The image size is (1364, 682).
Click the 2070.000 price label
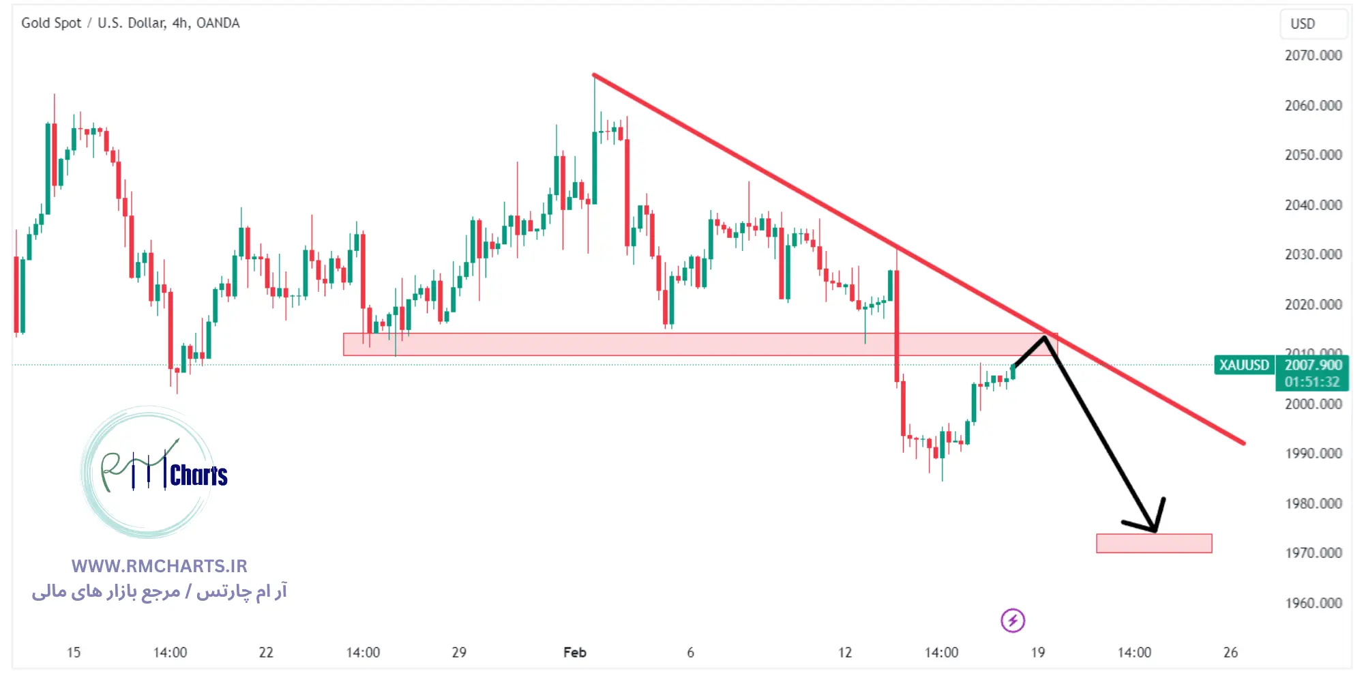(1313, 55)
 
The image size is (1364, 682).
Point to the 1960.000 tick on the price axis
(1313, 603)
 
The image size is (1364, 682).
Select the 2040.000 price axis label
(1313, 205)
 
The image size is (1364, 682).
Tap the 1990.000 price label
(1313, 454)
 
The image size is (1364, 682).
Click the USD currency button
(1303, 24)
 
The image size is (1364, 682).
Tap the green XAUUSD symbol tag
(1244, 365)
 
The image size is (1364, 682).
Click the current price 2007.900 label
(1313, 365)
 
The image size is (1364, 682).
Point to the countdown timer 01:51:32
(1312, 382)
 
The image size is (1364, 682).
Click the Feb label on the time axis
(575, 653)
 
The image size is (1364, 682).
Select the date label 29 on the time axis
(459, 653)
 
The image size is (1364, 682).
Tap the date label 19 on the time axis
(1037, 653)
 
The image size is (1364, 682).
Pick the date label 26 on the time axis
(1230, 653)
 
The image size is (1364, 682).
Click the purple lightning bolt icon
(1013, 621)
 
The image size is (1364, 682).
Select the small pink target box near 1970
(1154, 544)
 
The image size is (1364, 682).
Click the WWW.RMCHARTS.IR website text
(160, 566)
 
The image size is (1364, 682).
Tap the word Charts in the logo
(198, 475)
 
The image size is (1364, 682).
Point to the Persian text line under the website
(160, 591)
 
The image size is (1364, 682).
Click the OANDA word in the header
(218, 23)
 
